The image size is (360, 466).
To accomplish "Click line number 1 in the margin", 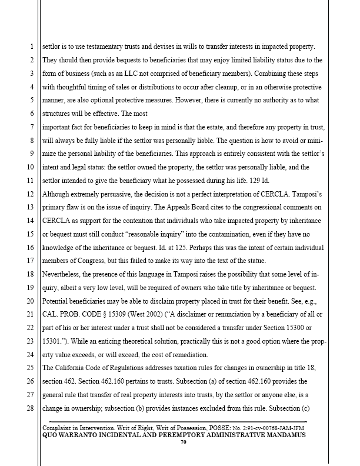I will (x=30, y=46).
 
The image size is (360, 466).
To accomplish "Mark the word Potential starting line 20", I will (x=58, y=301).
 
